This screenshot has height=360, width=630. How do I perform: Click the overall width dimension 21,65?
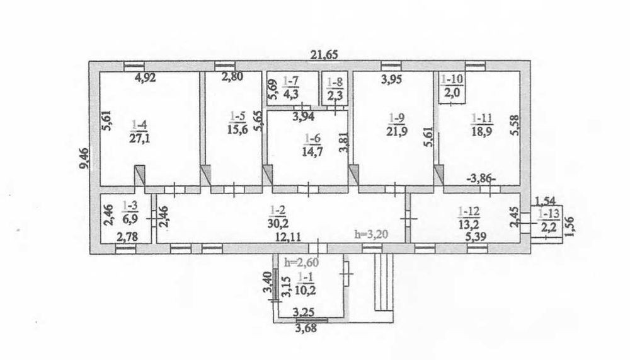[x=324, y=55]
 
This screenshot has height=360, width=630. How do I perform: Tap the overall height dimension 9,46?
[x=84, y=160]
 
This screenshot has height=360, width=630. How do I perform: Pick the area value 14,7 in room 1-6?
[x=312, y=152]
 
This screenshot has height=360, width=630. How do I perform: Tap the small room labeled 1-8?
[x=335, y=89]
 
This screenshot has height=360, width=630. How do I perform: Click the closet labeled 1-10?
[x=452, y=87]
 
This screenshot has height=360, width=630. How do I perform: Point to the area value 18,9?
[x=482, y=131]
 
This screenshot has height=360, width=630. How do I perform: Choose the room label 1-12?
[x=468, y=211]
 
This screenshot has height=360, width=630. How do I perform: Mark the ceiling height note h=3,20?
[x=372, y=234]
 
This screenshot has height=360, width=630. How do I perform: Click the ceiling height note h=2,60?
[x=302, y=263]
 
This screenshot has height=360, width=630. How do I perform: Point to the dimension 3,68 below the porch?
[x=306, y=328]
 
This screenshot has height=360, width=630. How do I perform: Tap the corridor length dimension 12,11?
[x=287, y=237]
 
